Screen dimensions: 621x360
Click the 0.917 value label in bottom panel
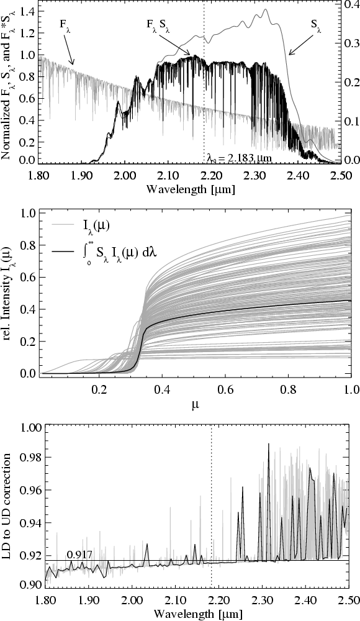coord(76,555)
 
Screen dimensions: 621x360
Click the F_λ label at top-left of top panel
coord(63,29)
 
